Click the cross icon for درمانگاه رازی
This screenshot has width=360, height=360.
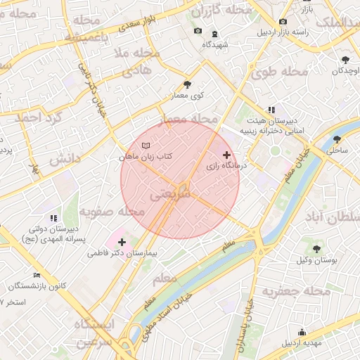pos(226,154)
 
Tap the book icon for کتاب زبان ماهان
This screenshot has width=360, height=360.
pos(146,146)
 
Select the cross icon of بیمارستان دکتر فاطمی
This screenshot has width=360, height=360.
pos(122,241)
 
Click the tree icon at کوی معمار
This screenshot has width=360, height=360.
pos(186,84)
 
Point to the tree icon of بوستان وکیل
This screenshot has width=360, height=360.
pos(316,249)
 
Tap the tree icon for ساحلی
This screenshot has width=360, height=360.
pos(337,139)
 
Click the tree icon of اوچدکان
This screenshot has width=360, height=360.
pos(345,60)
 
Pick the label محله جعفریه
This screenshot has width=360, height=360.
pos(296,290)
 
